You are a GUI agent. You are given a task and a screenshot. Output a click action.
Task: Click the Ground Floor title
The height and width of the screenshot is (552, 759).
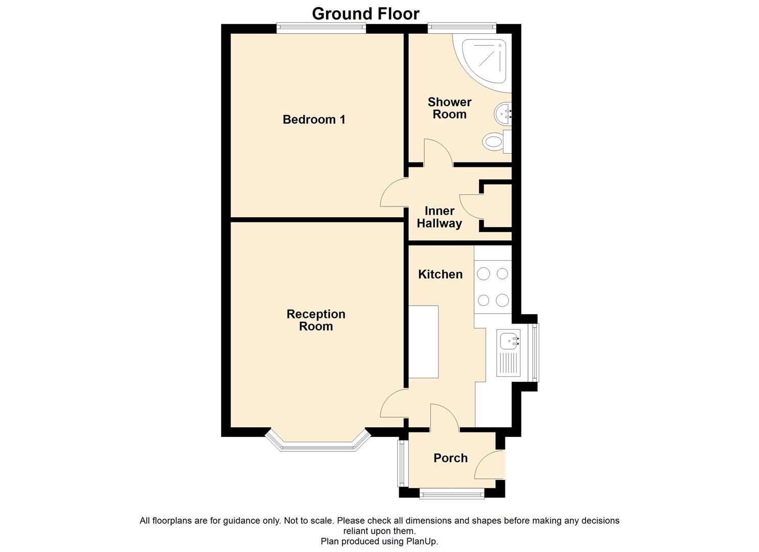[x=365, y=14]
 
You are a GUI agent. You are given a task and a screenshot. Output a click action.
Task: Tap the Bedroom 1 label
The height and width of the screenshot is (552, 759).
[x=314, y=120]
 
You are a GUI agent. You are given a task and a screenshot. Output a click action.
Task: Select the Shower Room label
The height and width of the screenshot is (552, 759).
[x=449, y=108]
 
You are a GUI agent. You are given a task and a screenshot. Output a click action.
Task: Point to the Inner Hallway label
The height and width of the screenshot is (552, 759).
[x=440, y=217]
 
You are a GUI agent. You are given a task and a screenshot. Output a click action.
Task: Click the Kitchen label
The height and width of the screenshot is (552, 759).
[x=440, y=274]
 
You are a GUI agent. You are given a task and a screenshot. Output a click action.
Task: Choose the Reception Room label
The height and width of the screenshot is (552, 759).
[x=316, y=320]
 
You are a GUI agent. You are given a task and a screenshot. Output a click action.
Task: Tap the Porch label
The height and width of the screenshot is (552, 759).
[x=451, y=458]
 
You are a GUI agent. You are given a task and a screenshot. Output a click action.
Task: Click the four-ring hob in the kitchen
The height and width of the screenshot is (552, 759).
[x=493, y=287]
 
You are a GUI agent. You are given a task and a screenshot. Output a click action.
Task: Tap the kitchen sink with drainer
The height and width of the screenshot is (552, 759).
[x=508, y=353]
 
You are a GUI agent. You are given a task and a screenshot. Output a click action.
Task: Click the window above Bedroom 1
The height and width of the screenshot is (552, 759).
[x=321, y=28]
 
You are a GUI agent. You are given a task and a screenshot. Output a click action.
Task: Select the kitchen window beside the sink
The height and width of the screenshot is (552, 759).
[x=535, y=353]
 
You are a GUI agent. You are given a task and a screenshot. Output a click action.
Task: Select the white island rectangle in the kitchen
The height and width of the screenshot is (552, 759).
[x=424, y=342]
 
